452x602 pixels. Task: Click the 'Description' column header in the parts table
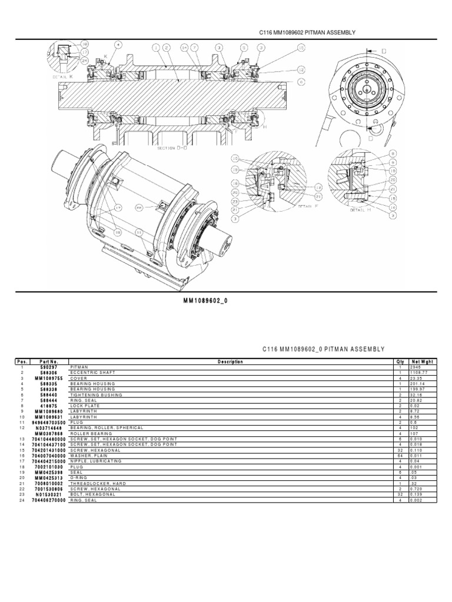click(x=230, y=362)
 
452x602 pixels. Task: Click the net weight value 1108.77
click(x=418, y=373)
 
